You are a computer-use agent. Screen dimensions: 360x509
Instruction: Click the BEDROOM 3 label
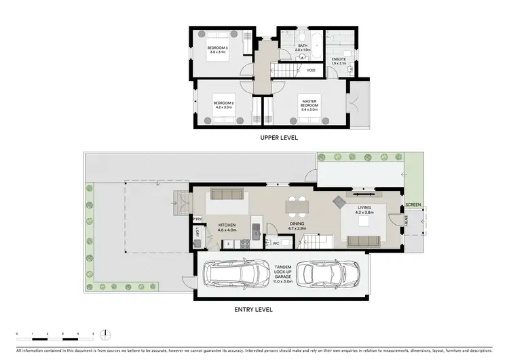pyautogui.click(x=218, y=48)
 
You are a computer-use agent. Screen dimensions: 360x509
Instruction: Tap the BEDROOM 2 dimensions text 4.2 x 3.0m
pyautogui.click(x=223, y=107)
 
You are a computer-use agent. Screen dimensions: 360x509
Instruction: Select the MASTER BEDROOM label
pyautogui.click(x=309, y=103)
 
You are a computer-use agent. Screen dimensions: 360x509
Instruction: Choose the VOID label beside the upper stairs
pyautogui.click(x=311, y=70)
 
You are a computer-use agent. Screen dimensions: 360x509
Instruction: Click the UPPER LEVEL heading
pyautogui.click(x=280, y=138)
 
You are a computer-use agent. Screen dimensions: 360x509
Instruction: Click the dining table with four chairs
pyautogui.click(x=297, y=204)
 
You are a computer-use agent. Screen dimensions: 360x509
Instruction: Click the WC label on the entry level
pyautogui.click(x=276, y=242)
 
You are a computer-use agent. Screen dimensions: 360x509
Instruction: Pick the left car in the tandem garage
pyautogui.click(x=238, y=274)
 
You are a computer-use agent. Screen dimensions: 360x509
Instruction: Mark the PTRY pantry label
pyautogui.click(x=197, y=219)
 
